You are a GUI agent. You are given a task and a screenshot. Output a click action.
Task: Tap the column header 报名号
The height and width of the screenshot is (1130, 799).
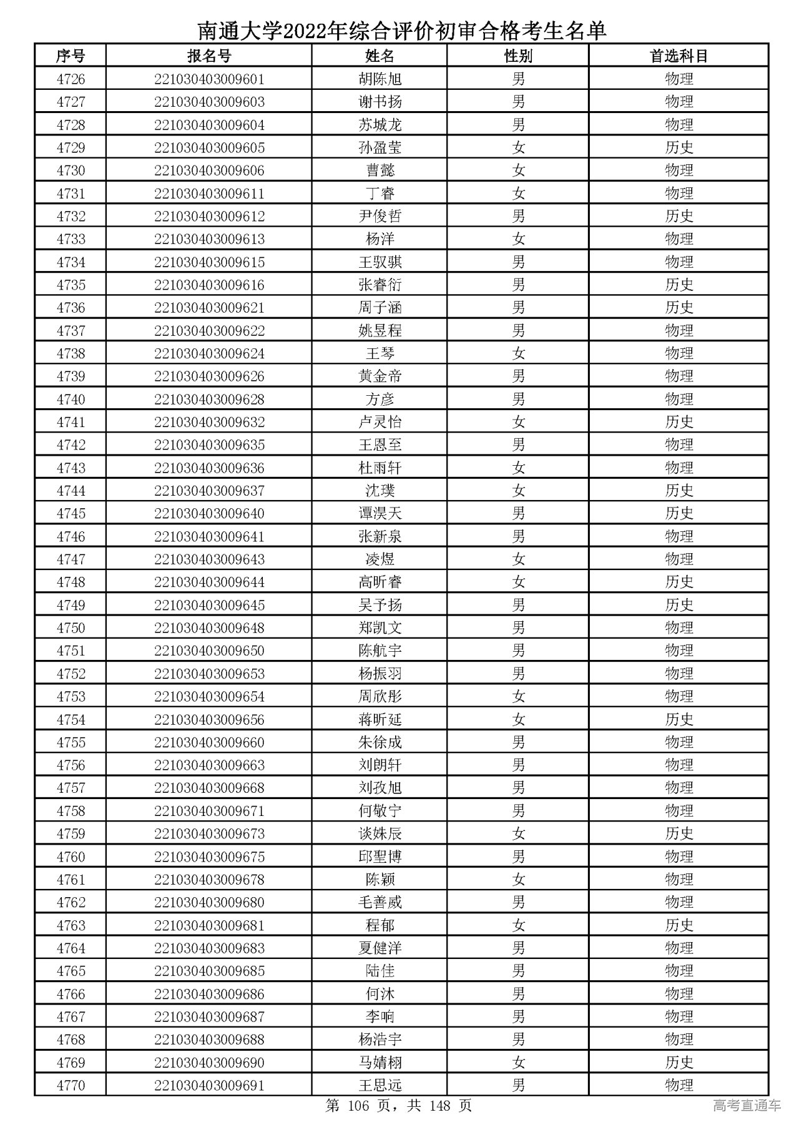click(209, 56)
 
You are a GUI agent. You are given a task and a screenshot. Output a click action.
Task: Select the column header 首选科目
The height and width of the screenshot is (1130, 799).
click(679, 56)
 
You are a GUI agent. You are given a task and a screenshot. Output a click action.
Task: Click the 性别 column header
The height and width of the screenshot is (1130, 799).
click(518, 56)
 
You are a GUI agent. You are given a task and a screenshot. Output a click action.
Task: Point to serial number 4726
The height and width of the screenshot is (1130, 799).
click(71, 79)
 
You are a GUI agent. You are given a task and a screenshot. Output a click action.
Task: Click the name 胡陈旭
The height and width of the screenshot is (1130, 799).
click(380, 79)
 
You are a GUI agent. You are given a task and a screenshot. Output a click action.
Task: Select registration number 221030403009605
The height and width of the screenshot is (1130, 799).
click(209, 148)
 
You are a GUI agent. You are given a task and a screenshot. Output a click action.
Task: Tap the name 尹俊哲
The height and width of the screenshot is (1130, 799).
click(380, 217)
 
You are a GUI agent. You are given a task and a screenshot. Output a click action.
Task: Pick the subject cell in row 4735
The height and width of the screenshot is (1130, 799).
click(679, 285)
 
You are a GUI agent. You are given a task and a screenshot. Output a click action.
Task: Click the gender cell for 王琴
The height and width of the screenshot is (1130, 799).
click(518, 354)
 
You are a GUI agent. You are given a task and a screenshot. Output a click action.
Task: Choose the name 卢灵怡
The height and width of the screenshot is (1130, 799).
click(380, 423)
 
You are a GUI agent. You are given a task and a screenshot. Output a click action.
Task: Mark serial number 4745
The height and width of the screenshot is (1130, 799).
click(71, 514)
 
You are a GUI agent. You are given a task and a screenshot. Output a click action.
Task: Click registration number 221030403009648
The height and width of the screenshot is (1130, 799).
click(209, 628)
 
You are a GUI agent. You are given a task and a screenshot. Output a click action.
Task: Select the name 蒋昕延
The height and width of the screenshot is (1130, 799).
click(380, 720)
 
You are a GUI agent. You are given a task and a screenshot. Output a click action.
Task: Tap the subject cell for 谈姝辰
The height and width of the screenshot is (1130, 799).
click(679, 834)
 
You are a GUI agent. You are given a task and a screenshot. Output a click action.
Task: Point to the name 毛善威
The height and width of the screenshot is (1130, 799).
click(380, 903)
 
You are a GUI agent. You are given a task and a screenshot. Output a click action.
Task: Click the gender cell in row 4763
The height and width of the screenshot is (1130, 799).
click(518, 925)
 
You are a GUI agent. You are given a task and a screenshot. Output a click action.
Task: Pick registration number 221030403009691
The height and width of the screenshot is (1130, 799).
click(209, 1086)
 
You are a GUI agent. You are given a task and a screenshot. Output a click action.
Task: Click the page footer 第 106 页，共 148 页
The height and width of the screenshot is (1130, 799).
click(399, 1106)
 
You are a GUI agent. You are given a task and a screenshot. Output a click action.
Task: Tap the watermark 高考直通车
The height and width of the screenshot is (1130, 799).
click(747, 1106)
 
